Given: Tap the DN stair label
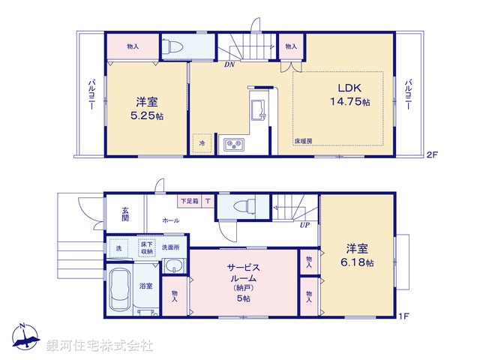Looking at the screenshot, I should pyautogui.click(x=229, y=64).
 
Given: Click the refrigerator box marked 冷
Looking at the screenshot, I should pyautogui.click(x=202, y=142).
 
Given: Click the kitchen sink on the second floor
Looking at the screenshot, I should pyautogui.click(x=257, y=109).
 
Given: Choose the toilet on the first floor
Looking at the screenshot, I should pyautogui.click(x=242, y=205).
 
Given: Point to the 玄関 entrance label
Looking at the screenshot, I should pyautogui.click(x=124, y=213).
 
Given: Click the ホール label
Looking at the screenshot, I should pyautogui.click(x=170, y=221).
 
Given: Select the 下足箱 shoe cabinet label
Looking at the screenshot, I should pyautogui.click(x=189, y=201).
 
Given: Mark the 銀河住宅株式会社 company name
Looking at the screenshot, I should pyautogui.click(x=100, y=345).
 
